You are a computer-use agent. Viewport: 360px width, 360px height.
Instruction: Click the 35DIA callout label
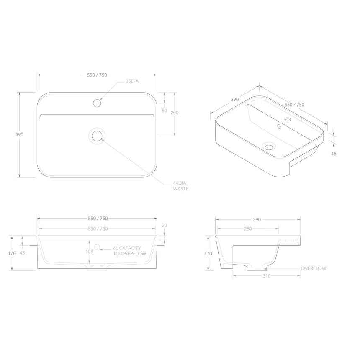pyautogui.click(x=132, y=82)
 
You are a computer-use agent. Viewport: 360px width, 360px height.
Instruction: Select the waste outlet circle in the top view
pyautogui.click(x=97, y=136)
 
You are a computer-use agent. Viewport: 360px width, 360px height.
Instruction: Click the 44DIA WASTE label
pyautogui.click(x=181, y=186)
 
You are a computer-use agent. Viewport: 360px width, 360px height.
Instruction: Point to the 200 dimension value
pyautogui.click(x=175, y=113)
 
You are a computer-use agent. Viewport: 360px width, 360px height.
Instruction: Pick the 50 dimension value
pyautogui.click(x=164, y=111)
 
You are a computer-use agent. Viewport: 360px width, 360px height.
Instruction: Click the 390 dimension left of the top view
pyautogui.click(x=19, y=135)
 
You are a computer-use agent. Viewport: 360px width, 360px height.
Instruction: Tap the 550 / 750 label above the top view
pyautogui.click(x=97, y=75)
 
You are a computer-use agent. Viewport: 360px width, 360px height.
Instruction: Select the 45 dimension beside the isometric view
pyautogui.click(x=333, y=153)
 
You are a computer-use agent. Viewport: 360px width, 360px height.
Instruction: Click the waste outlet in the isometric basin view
pyautogui.click(x=268, y=146)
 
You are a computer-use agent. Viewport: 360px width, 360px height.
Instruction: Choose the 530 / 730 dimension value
pyautogui.click(x=97, y=229)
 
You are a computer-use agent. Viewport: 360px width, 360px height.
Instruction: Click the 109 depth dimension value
pyautogui.click(x=88, y=252)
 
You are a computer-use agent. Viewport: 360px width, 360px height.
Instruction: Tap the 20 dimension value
pyautogui.click(x=164, y=225)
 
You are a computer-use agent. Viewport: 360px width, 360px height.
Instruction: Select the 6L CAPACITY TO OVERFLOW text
pyautogui.click(x=129, y=251)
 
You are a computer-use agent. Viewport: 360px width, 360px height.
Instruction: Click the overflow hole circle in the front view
pyautogui.click(x=97, y=247)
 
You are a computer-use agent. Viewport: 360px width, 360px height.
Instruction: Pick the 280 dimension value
pyautogui.click(x=248, y=229)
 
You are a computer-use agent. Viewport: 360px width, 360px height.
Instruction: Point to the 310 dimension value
pyautogui.click(x=267, y=276)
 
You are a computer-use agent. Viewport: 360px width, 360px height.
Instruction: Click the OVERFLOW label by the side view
pyautogui.click(x=314, y=268)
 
